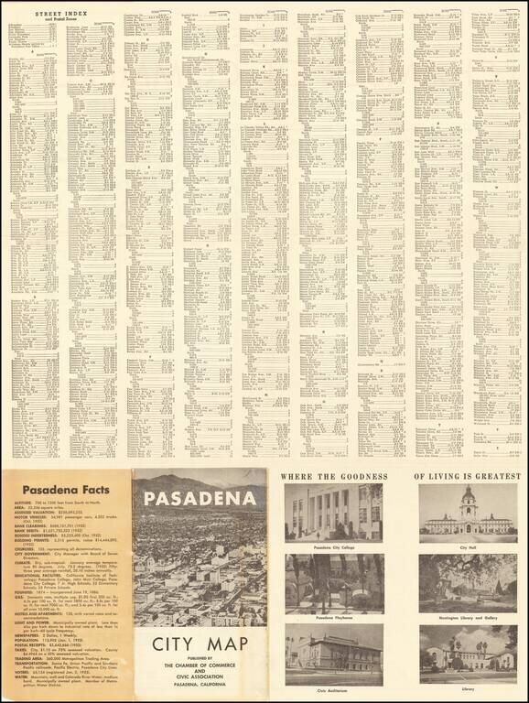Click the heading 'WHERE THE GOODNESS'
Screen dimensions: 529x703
tap(333, 476)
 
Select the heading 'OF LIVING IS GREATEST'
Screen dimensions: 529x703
tap(468, 476)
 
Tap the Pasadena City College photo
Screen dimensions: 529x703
tap(333, 511)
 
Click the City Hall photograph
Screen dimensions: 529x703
tap(468, 511)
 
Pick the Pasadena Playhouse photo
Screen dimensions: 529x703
tap(333, 581)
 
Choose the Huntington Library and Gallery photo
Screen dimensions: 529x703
tap(468, 581)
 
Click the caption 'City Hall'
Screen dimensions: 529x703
tap(468, 546)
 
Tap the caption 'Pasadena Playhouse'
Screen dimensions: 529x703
tap(333, 617)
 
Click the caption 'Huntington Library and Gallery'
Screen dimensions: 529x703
tap(468, 617)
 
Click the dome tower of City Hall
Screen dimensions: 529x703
tap(468, 499)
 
